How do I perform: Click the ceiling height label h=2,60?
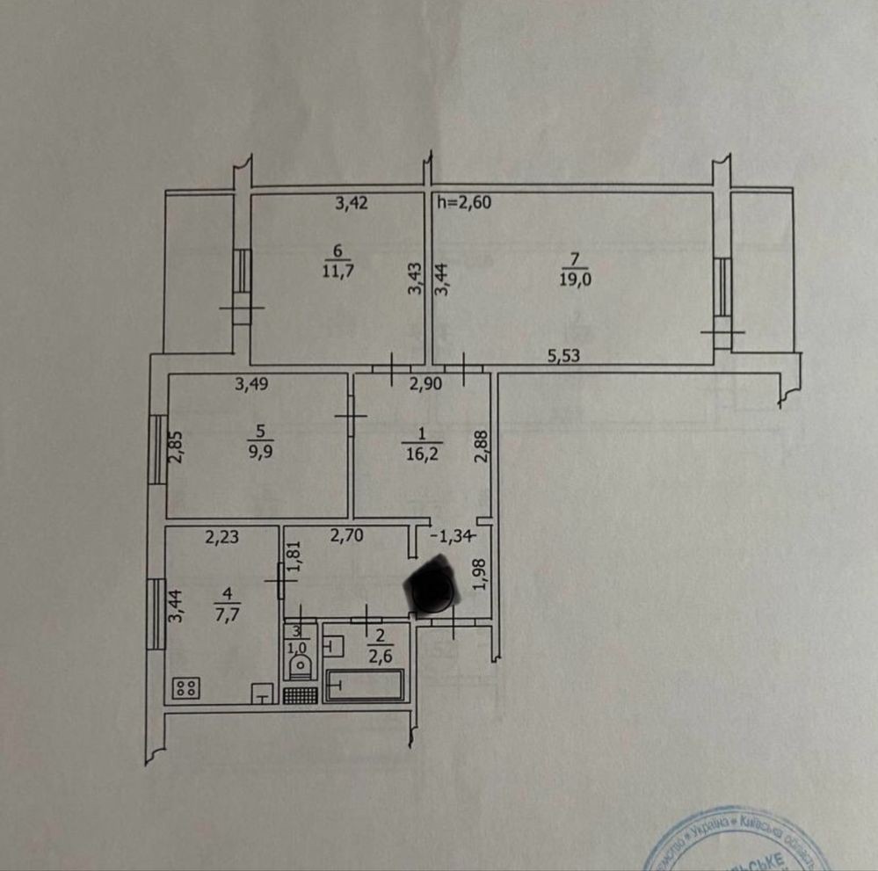click(463, 202)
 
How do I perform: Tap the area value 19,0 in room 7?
click(573, 280)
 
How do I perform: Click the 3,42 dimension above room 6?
click(352, 203)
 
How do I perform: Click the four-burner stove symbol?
click(185, 688)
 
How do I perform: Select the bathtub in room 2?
click(365, 686)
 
